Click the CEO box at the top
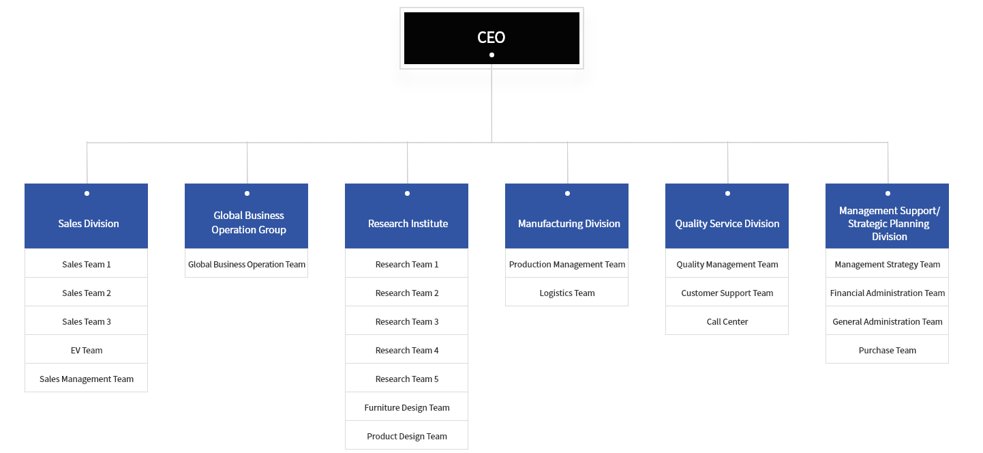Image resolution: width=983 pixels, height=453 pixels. pyautogui.click(x=491, y=38)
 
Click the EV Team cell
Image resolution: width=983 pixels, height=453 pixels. pyautogui.click(x=87, y=350)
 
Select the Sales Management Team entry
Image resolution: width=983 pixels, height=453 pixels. pyautogui.click(x=87, y=379)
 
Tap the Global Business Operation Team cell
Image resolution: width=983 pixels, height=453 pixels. pyautogui.click(x=247, y=264)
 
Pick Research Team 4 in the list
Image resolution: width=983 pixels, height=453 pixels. pyautogui.click(x=407, y=350)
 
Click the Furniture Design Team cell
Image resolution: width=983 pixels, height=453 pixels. pyautogui.click(x=407, y=407)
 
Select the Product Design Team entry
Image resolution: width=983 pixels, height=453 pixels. pyautogui.click(x=407, y=436)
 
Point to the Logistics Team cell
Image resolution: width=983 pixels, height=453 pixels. pyautogui.click(x=567, y=293)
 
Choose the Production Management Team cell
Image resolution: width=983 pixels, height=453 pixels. pyautogui.click(x=567, y=264)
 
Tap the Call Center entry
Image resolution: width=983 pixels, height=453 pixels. pyautogui.click(x=727, y=321)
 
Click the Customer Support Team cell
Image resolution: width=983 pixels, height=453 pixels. pyautogui.click(x=727, y=293)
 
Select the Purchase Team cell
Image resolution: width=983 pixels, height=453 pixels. pyautogui.click(x=888, y=350)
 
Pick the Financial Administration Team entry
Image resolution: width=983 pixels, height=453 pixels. pyautogui.click(x=888, y=293)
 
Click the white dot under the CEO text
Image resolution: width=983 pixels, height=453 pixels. pyautogui.click(x=491, y=55)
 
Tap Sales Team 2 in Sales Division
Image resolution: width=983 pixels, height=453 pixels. pyautogui.click(x=87, y=293)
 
